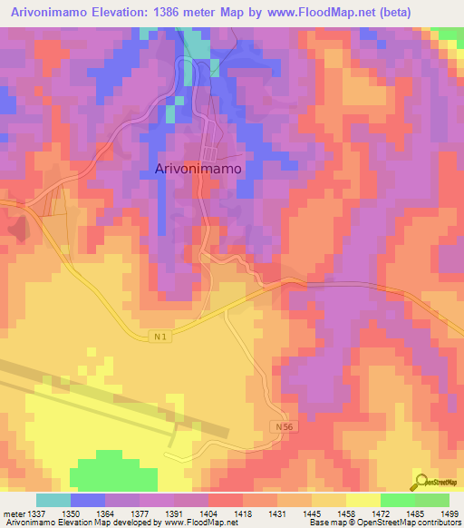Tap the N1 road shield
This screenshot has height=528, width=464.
click(x=159, y=337)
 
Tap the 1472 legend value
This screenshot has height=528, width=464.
click(x=380, y=513)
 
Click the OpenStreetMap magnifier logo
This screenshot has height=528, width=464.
click(x=420, y=481)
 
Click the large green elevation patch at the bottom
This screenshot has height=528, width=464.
click(x=113, y=473)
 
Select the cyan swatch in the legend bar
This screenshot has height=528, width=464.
click(x=53, y=500)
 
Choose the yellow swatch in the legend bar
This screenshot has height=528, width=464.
click(x=362, y=500)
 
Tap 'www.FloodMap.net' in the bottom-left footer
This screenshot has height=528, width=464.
click(x=198, y=523)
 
